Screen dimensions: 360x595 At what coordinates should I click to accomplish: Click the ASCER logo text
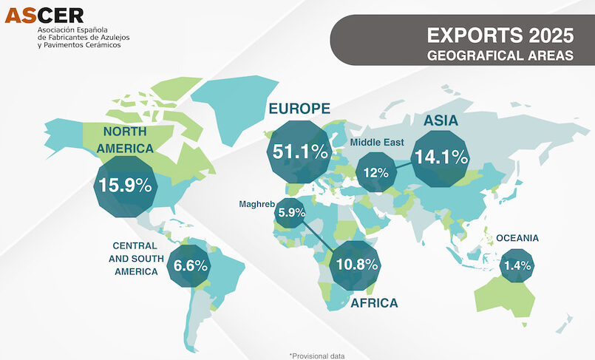44,14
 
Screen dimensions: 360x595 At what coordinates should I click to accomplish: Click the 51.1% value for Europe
299,152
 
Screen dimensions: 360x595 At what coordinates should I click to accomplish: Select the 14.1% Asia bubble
441,157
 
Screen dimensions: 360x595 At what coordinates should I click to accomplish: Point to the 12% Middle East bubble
376,173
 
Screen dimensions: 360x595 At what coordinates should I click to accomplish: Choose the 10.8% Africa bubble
356,264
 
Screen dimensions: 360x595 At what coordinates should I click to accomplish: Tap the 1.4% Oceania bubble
517,265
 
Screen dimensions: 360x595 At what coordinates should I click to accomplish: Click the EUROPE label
299,109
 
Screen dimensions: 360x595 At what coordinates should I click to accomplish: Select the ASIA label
441,120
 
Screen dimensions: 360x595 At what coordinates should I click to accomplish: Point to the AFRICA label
374,303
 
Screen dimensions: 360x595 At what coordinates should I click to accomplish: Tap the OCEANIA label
517,238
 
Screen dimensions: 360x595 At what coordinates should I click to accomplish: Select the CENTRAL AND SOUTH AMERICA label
135,258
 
